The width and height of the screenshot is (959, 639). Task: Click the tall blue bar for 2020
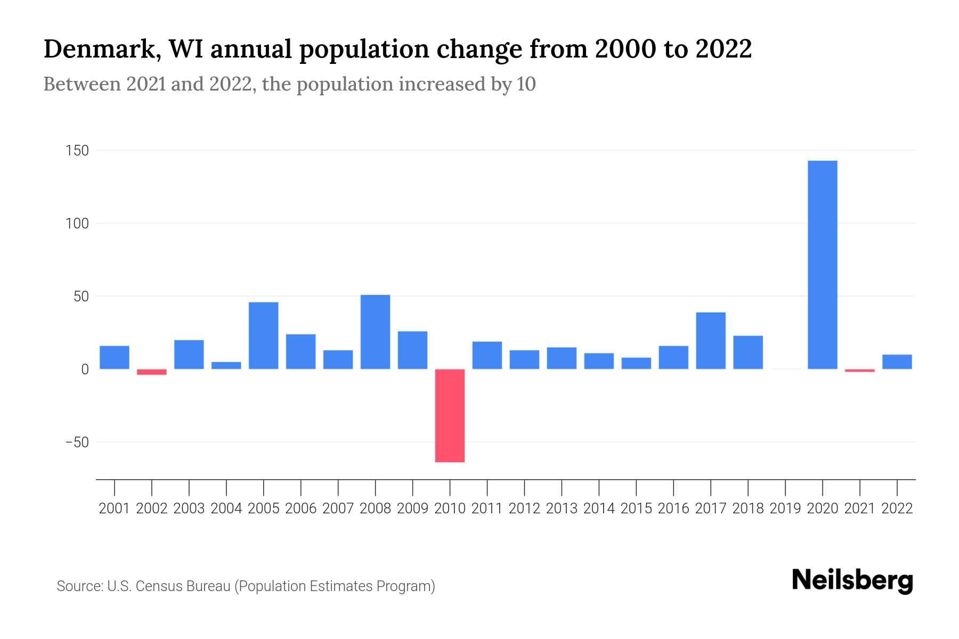[822, 265]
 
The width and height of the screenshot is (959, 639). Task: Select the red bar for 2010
[450, 415]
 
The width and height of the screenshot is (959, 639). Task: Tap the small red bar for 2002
[152, 372]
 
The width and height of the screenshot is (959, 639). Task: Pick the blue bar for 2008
[375, 332]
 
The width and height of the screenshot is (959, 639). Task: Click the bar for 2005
[263, 335]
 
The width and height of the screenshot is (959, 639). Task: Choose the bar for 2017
[710, 341]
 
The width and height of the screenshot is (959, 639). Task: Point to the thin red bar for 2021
[859, 370]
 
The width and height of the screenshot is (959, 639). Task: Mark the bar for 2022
[897, 362]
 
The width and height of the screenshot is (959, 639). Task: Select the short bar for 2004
[226, 365]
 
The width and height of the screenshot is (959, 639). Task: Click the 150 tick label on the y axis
[77, 151]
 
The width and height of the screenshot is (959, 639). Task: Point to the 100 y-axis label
[77, 224]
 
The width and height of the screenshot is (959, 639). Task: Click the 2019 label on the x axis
[785, 509]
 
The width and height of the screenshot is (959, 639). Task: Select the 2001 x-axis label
[114, 509]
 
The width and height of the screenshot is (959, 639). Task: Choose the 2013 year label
[561, 509]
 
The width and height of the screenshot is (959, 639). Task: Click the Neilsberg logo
[852, 580]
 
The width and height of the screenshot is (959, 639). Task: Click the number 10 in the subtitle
[526, 84]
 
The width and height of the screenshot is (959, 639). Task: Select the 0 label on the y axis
[85, 370]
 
